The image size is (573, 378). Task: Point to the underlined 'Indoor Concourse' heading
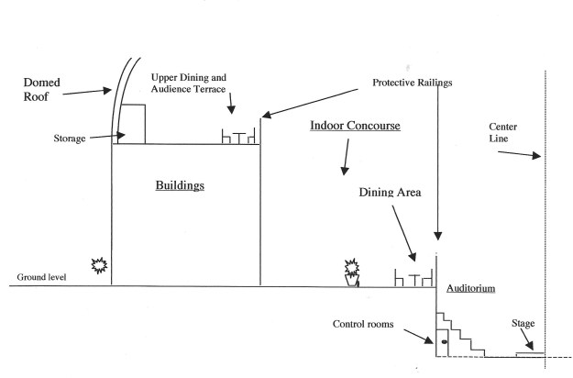point(355,126)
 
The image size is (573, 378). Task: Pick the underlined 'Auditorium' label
point(471,289)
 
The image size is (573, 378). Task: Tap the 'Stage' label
point(523,324)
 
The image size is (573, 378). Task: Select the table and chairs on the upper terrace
point(239,136)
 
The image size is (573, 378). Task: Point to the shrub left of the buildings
point(100,267)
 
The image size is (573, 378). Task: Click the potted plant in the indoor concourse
point(351,272)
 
